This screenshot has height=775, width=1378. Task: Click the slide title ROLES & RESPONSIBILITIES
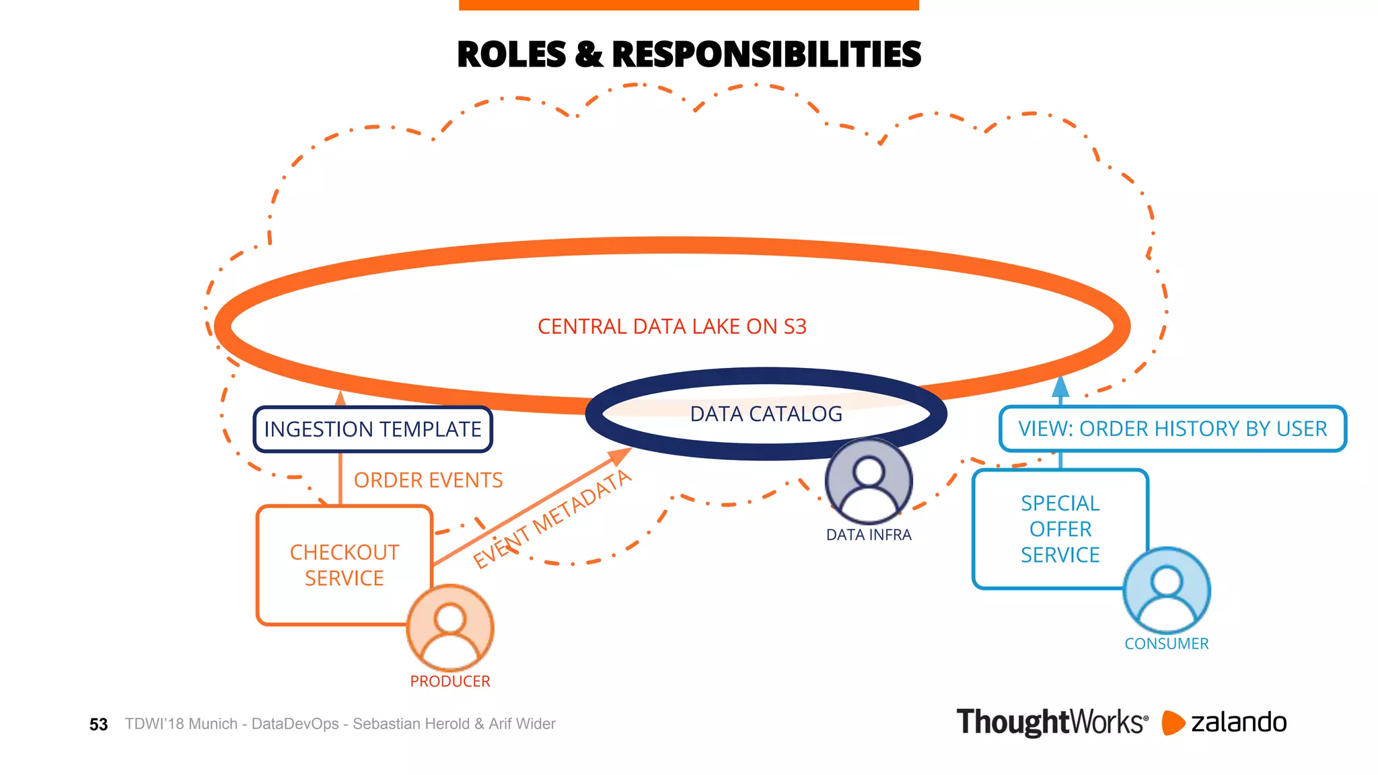(x=688, y=54)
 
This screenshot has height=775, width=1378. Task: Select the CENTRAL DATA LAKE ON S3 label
(x=672, y=327)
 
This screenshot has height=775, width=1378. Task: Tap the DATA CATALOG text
(x=766, y=414)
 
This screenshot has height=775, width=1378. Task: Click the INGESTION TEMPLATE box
(x=373, y=429)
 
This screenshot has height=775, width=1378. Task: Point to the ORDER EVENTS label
(x=428, y=480)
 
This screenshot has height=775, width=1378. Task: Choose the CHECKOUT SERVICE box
(x=344, y=565)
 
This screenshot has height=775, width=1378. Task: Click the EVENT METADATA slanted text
(x=552, y=519)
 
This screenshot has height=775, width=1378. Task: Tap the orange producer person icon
(x=450, y=628)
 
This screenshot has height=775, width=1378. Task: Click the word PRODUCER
(x=450, y=681)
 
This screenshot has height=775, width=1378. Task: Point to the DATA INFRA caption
(x=869, y=535)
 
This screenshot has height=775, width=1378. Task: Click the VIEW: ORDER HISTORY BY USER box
(x=1172, y=429)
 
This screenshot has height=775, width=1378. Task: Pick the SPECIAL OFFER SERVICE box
(x=1060, y=529)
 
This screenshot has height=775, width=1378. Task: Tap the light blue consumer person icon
(x=1167, y=590)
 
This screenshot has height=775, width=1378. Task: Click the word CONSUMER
(x=1167, y=644)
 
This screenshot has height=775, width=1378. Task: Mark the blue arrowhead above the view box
(x=1060, y=387)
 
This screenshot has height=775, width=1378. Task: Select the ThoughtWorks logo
(x=1052, y=723)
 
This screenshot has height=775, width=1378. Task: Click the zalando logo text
(x=1238, y=723)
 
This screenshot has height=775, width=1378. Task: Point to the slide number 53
(x=98, y=725)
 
